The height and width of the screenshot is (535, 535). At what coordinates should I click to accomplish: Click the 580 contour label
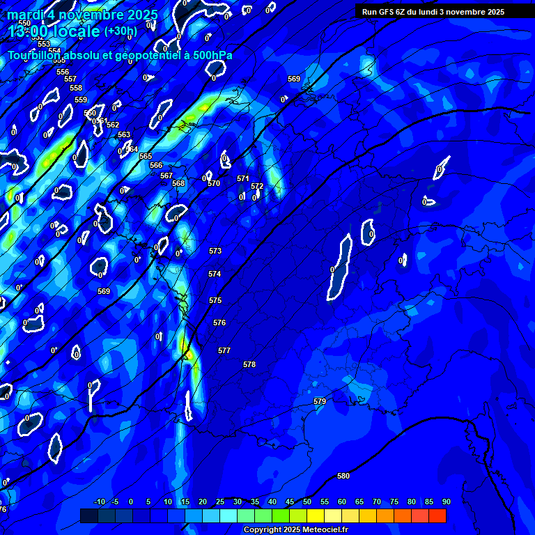(343, 476)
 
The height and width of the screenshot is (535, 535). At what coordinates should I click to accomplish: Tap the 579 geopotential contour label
(320, 401)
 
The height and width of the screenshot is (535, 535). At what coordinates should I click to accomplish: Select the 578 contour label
(249, 364)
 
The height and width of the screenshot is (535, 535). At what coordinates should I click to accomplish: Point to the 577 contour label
(224, 350)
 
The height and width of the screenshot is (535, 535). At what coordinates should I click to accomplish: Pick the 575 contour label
(215, 300)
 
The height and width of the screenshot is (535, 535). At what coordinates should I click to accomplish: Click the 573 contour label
(215, 251)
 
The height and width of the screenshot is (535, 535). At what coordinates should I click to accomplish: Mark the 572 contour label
(257, 186)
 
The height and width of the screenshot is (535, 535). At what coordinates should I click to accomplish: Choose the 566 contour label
(156, 165)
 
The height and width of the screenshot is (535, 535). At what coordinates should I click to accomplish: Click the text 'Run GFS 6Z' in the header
(385, 12)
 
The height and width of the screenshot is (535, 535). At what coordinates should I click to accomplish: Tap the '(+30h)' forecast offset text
(121, 31)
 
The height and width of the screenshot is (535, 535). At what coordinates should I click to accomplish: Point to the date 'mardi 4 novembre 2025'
(84, 15)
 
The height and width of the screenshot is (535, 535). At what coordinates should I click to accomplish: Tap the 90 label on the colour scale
(446, 502)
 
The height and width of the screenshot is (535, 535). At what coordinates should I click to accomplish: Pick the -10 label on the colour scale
(99, 502)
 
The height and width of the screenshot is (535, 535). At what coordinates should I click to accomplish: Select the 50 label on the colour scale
(307, 502)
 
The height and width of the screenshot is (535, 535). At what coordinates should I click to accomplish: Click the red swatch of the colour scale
(437, 515)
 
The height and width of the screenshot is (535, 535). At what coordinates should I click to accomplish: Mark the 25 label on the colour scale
(219, 502)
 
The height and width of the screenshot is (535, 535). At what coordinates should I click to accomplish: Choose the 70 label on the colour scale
(376, 502)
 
